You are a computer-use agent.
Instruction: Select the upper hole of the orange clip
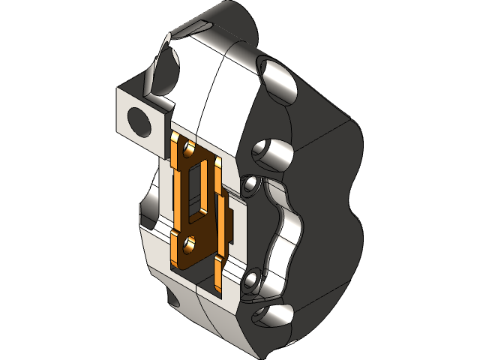click(188, 147)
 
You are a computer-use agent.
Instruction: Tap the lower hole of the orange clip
click(189, 242)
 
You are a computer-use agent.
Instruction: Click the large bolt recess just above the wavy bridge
click(271, 154)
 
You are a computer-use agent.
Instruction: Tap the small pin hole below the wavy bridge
click(252, 279)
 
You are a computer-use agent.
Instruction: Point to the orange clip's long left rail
click(178, 195)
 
